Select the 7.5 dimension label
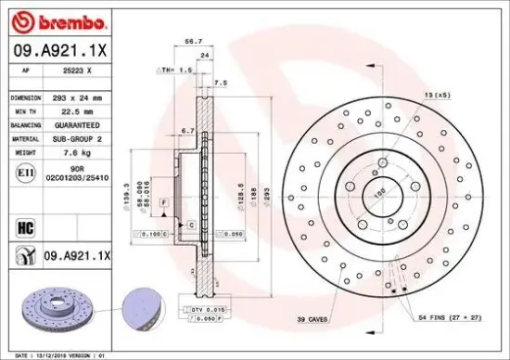pyautogui.click(x=220, y=83)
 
